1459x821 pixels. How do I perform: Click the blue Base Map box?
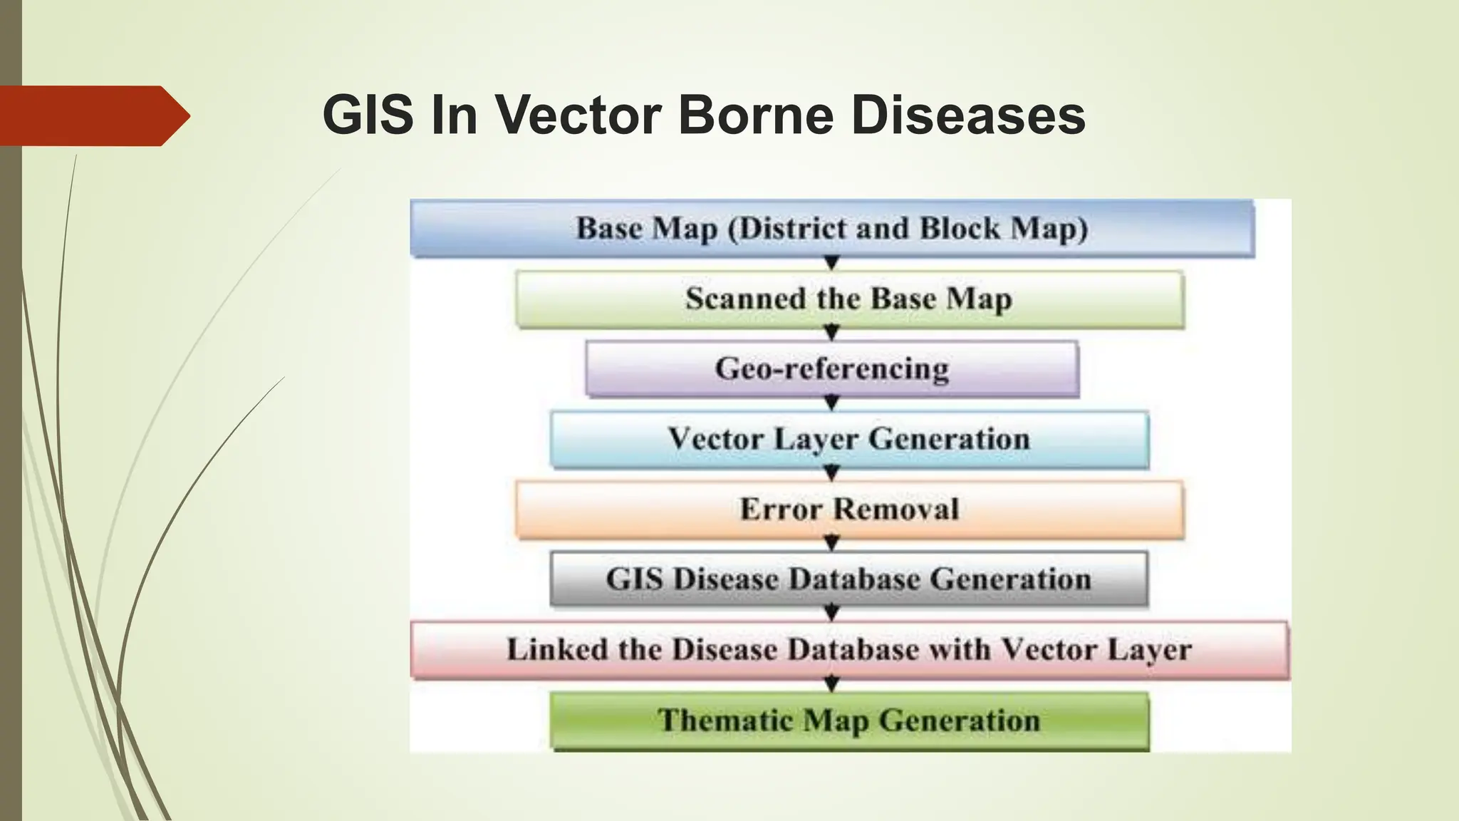pos(831,229)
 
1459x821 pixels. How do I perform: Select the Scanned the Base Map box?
pos(849,299)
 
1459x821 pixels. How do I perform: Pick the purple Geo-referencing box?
pos(831,368)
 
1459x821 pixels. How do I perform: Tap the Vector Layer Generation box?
pos(849,438)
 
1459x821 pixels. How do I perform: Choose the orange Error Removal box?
pos(849,509)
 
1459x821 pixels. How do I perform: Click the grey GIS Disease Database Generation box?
pos(849,579)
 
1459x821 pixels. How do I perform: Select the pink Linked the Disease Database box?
pos(849,649)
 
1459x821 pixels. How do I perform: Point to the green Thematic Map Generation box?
pos(849,720)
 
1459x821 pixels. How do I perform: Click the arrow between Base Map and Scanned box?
pos(831,264)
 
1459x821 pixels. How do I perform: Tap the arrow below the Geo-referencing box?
pos(831,403)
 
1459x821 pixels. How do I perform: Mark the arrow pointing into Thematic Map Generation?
pos(831,685)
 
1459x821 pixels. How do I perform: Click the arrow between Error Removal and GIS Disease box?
pos(831,544)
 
